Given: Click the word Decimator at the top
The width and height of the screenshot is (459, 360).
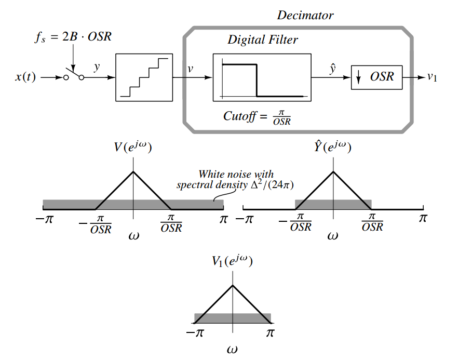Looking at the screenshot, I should pos(305,15).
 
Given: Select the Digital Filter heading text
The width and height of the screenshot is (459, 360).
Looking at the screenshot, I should pos(263,40).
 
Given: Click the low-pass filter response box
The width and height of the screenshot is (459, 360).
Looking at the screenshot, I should pos(262,77).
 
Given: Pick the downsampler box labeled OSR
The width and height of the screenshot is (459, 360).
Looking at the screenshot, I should pos(376,77).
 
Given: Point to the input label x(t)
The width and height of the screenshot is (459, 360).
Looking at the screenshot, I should pos(25,77).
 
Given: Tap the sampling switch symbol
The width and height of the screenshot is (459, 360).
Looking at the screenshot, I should pos(74,77).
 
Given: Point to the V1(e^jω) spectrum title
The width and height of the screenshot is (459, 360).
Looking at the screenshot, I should pos(232,261).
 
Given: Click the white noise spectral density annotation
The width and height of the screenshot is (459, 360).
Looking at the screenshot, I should pos(236,180).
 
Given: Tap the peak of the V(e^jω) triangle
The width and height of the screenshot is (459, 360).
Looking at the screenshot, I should pos(133,172).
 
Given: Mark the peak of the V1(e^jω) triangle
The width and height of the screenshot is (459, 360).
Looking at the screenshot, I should pos(233,285).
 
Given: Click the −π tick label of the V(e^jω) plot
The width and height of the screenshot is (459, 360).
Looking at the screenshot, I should pos(44,219).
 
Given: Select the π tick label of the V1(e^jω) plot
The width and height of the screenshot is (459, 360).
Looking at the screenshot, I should pos(270,332).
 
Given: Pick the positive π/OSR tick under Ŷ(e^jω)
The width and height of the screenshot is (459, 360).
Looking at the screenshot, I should pos(372,223).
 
